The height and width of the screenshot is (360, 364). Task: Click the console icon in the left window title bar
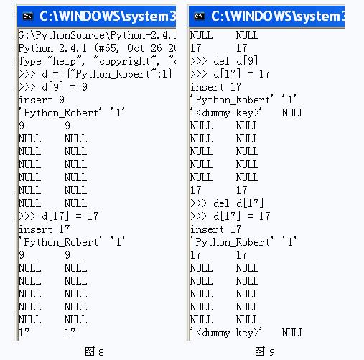27,14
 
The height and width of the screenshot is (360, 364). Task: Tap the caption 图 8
94,351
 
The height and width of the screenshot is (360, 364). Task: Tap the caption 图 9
265,351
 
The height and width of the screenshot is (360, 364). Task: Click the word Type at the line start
30,61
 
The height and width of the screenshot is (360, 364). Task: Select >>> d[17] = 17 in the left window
57,216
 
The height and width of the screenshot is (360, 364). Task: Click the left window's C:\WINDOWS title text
108,14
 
